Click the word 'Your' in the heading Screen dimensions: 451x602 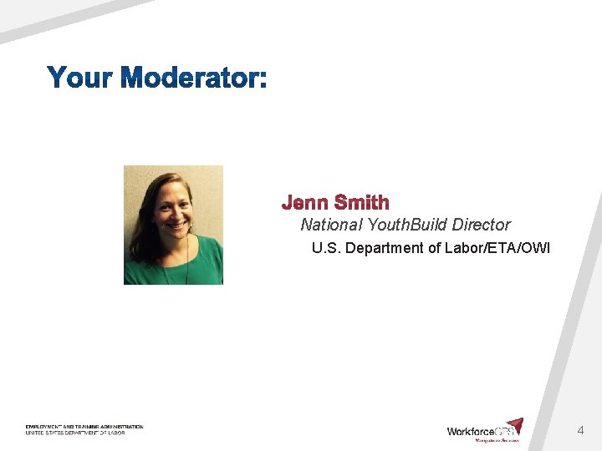tap(80, 79)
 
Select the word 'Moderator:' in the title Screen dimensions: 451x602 tap(193, 79)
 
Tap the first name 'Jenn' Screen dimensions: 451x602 tap(304, 203)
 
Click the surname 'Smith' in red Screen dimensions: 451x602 tap(361, 203)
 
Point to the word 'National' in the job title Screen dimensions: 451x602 tap(332, 225)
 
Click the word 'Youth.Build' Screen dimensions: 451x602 tap(407, 225)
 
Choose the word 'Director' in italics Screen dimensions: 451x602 tap(481, 225)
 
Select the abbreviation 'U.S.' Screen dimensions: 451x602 tap(326, 248)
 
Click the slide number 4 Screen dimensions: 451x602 tap(580, 431)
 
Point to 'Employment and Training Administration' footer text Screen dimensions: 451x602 tap(84, 427)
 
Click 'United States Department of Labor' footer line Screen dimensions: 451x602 tap(74, 433)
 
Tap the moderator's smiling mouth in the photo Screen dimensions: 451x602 tap(176, 224)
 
